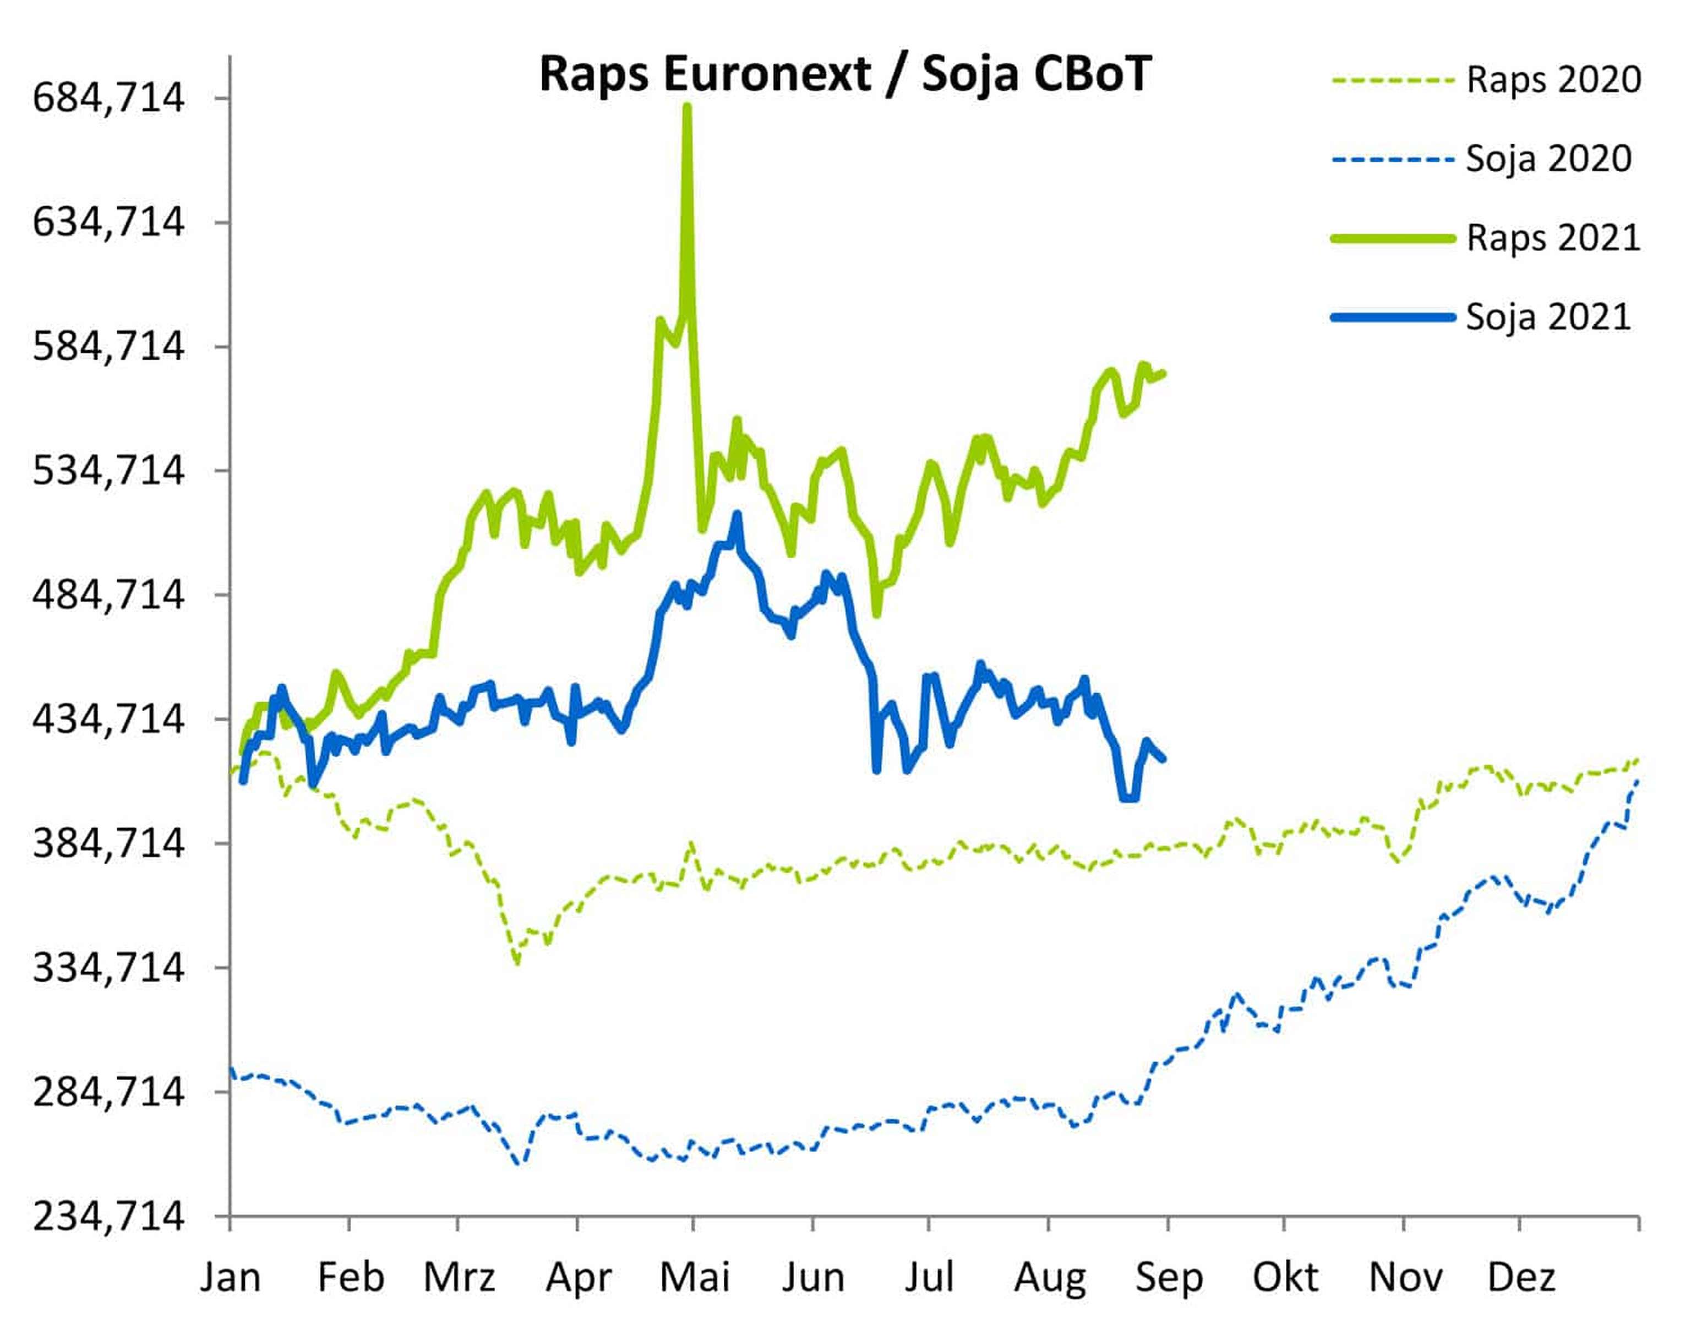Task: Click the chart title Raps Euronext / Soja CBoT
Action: pos(845,75)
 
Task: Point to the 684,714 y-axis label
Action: pos(108,99)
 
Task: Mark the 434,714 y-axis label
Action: pos(108,718)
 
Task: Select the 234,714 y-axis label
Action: pos(108,1216)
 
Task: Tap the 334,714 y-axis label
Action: pos(108,968)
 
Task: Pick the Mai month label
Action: pos(695,1277)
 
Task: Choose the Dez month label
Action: pos(1521,1277)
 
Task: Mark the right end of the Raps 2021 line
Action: pos(1164,373)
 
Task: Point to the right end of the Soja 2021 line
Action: pos(1164,758)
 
